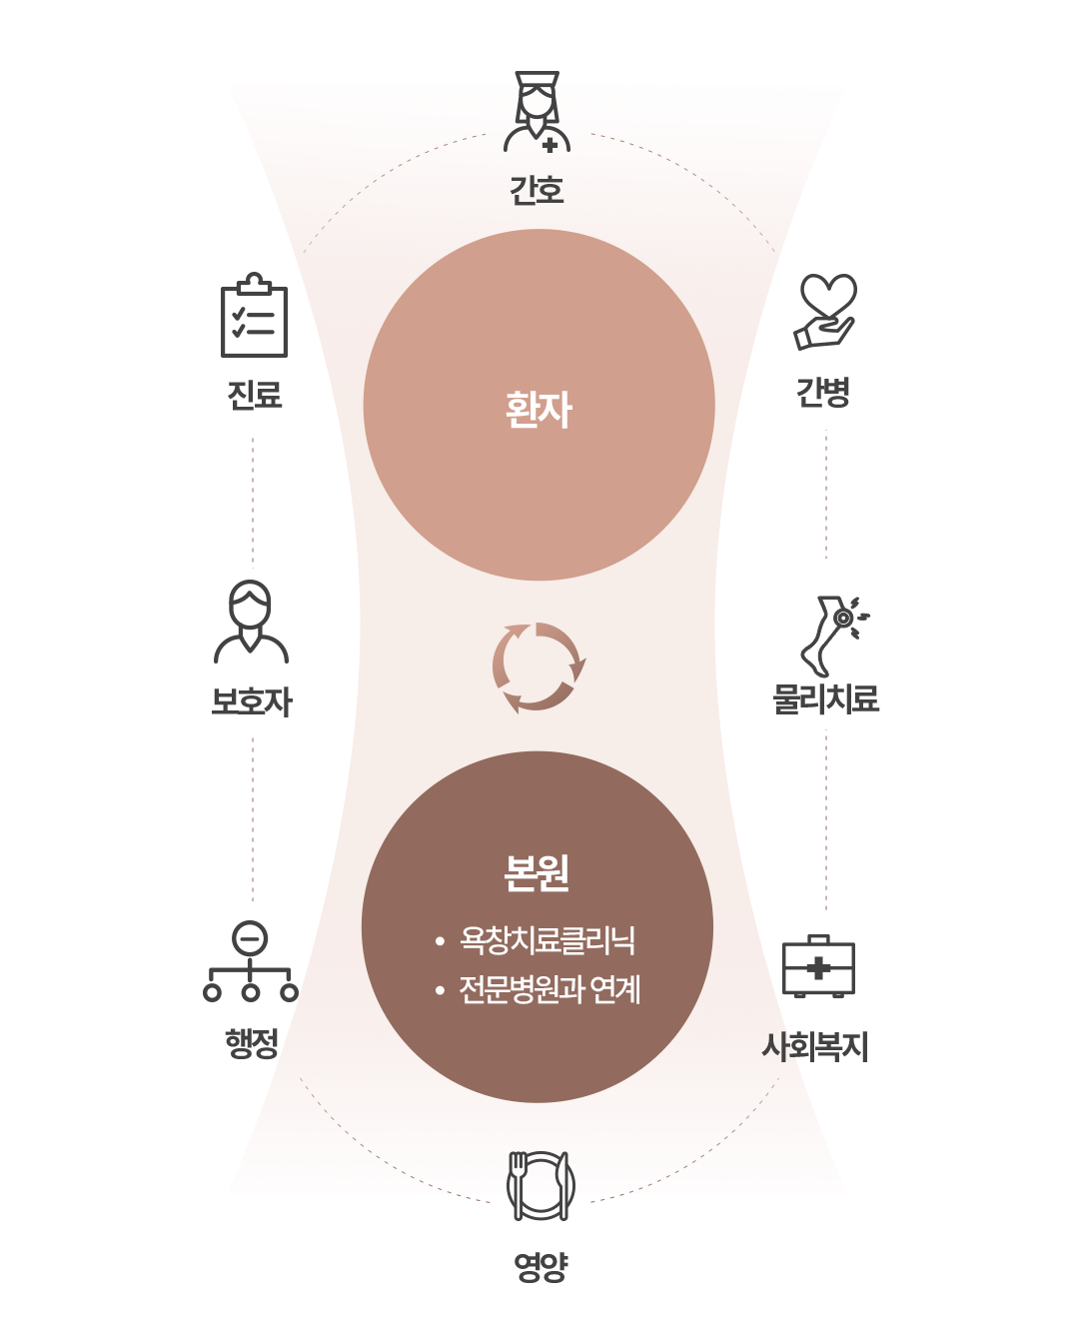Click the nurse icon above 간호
pos(537,112)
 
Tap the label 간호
pos(537,190)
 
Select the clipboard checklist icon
pos(254,315)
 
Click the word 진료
pos(255,395)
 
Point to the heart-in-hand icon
pos(824,312)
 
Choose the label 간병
pos(822,393)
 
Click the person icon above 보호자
pos(251,622)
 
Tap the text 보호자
pos(252,701)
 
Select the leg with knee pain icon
pos(833,636)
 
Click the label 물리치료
pos(826,698)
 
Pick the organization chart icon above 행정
pos(250,960)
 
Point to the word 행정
pos(251,1043)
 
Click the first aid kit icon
pos(818,966)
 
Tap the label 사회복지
pos(815,1046)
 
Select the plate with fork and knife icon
pos(540,1186)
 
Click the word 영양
pos(540,1267)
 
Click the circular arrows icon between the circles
pos(539,667)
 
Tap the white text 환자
pos(539,410)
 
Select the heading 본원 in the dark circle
pos(537,872)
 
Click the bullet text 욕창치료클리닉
pos(547,940)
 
